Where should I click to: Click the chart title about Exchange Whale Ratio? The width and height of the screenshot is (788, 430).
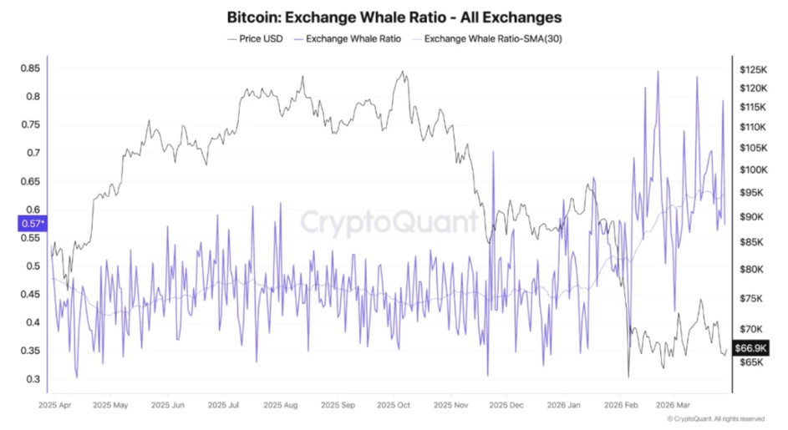[394, 17]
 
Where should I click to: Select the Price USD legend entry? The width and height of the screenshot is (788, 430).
[257, 38]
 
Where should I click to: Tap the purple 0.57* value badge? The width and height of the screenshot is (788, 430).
[32, 223]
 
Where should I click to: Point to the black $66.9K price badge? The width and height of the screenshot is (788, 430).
[750, 347]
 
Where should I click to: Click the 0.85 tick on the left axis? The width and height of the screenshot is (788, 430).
[30, 68]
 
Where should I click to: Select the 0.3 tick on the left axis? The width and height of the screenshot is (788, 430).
[33, 379]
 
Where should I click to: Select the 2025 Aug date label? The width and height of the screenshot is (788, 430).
[280, 406]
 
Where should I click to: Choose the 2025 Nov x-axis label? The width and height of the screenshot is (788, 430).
[450, 406]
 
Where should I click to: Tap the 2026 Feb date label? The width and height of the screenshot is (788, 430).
[620, 406]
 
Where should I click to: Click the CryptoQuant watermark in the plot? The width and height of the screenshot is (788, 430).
[389, 223]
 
